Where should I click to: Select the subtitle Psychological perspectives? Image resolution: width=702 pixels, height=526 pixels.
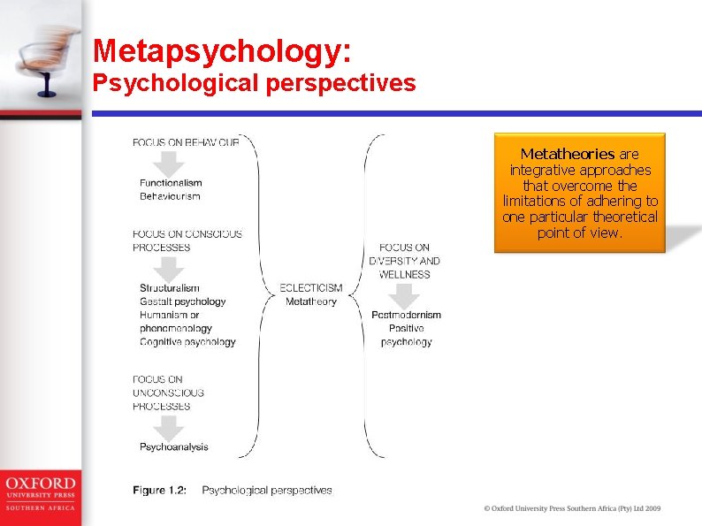pyautogui.click(x=255, y=83)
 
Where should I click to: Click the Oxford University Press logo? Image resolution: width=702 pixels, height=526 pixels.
pyautogui.click(x=40, y=493)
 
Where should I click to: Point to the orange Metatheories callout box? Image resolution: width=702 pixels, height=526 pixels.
pyautogui.click(x=579, y=193)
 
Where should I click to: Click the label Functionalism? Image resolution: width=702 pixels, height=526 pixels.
pyautogui.click(x=171, y=183)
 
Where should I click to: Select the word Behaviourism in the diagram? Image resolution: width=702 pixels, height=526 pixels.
pyautogui.click(x=170, y=196)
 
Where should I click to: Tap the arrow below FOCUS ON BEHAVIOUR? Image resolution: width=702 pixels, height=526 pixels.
pyautogui.click(x=170, y=163)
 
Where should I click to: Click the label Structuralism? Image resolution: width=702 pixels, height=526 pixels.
pyautogui.click(x=170, y=288)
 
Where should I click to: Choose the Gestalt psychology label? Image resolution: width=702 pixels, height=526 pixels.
pyautogui.click(x=182, y=301)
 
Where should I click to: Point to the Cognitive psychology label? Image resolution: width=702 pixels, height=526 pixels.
pyautogui.click(x=187, y=342)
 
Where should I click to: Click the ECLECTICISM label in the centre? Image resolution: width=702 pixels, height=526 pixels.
pyautogui.click(x=311, y=288)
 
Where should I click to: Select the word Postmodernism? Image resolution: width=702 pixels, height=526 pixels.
pyautogui.click(x=406, y=315)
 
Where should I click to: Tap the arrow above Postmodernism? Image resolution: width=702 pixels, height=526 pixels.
pyautogui.click(x=405, y=296)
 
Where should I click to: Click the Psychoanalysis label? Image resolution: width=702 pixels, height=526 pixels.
pyautogui.click(x=174, y=447)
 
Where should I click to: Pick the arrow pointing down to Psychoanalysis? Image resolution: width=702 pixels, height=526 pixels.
pyautogui.click(x=170, y=427)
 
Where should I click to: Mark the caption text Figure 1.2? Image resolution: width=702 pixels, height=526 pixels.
pyautogui.click(x=160, y=491)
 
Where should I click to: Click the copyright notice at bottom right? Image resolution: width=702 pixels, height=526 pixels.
pyautogui.click(x=572, y=508)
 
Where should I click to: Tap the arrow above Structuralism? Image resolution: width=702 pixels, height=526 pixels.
pyautogui.click(x=170, y=269)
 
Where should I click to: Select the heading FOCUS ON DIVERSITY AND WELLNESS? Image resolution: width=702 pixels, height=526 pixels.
pyautogui.click(x=405, y=261)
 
